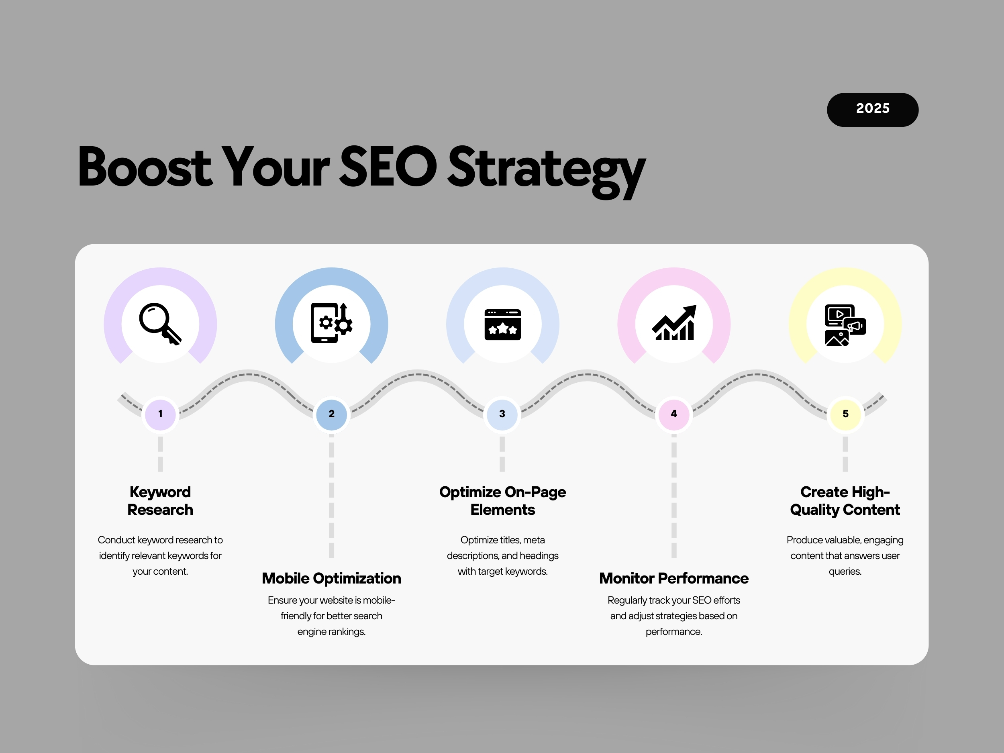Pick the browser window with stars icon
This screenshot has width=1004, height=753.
502,324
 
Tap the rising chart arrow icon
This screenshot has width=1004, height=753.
674,323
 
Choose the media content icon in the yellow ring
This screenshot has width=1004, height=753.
845,325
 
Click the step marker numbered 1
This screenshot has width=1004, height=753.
160,414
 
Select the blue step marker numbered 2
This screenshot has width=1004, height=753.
331,414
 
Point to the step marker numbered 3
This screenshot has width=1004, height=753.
502,414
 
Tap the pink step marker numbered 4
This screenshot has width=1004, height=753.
674,414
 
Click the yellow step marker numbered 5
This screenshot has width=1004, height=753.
845,414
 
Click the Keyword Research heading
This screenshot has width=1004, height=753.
160,501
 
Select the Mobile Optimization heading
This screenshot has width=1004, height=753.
331,578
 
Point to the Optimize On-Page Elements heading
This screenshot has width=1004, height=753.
502,501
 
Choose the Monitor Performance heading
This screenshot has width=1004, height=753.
674,578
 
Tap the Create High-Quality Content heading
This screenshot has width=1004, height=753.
845,501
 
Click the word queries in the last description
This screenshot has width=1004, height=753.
845,572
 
